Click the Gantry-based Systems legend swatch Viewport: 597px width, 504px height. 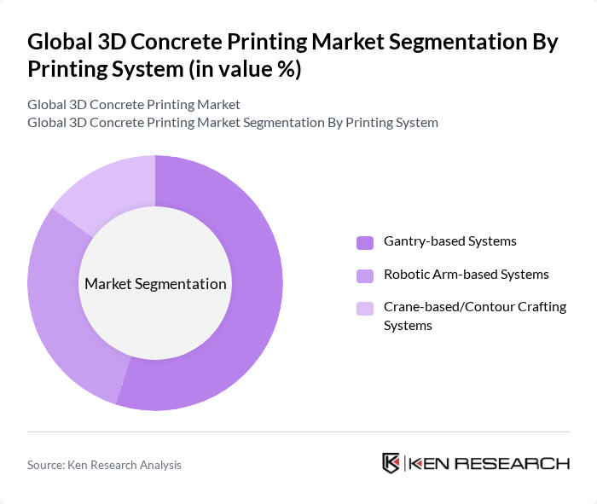[x=365, y=242]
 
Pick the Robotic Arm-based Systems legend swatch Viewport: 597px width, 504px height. [x=365, y=275]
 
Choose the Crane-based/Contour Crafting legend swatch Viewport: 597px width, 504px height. [x=365, y=308]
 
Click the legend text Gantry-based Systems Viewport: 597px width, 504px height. [x=450, y=241]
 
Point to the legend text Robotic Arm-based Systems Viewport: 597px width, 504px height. [x=467, y=275]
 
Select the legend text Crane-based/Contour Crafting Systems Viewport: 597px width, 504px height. [x=475, y=316]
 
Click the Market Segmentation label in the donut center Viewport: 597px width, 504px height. [x=155, y=284]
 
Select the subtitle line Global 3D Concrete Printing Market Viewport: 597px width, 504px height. [x=134, y=104]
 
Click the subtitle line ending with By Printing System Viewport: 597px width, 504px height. [x=233, y=122]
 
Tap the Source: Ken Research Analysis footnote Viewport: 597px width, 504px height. [x=104, y=465]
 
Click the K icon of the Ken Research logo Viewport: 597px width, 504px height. [x=391, y=463]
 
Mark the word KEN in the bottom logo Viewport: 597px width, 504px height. [x=428, y=463]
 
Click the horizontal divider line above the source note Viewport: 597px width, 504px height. [x=298, y=432]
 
